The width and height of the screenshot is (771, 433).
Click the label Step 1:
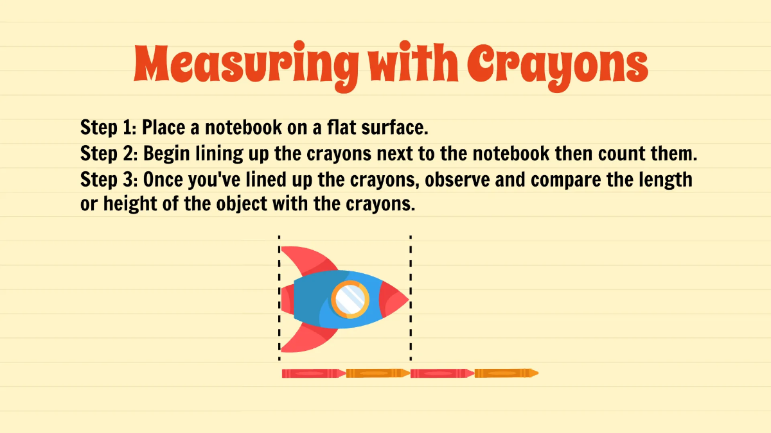(x=108, y=127)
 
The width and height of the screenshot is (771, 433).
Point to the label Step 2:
(x=109, y=154)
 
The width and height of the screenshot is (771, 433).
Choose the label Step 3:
(x=109, y=180)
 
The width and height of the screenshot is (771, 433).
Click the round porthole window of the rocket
(x=350, y=299)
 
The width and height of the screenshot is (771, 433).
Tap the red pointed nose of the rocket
(x=393, y=300)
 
